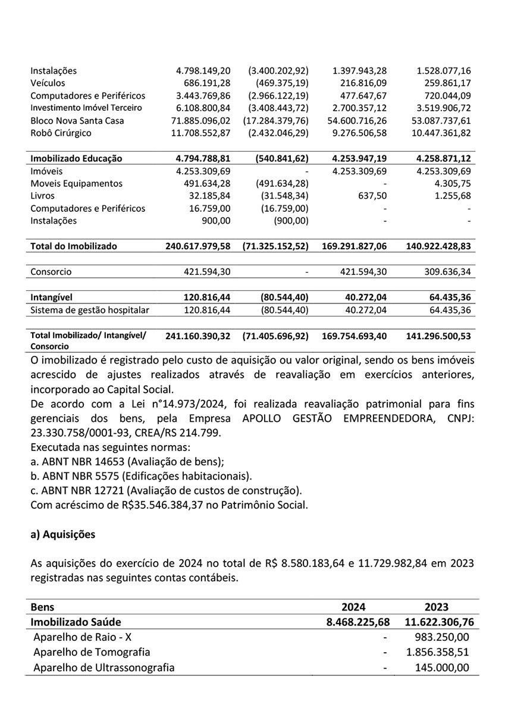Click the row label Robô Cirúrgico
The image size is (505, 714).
[x=61, y=133]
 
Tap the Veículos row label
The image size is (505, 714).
[x=48, y=83]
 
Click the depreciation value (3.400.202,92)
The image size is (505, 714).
[x=278, y=71]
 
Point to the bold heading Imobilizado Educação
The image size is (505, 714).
[x=76, y=159]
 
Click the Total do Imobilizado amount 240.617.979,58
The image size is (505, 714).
[x=198, y=246]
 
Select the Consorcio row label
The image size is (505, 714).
[x=51, y=272]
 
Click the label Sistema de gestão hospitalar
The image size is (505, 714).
[x=90, y=310]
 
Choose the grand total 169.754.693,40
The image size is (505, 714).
[x=355, y=336]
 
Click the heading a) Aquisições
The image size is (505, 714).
[x=62, y=534]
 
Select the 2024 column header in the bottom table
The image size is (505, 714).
[x=353, y=607]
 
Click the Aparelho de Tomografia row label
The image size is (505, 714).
[x=92, y=652]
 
